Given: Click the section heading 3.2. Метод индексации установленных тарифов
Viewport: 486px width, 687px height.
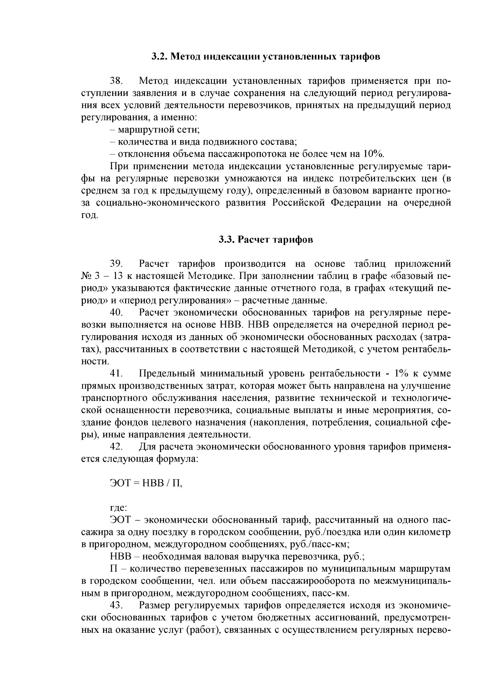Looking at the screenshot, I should pyautogui.click(x=266, y=56).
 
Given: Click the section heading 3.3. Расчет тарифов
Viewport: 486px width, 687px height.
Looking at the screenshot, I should pyautogui.click(x=266, y=240).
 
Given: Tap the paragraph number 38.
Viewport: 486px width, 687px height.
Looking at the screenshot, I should pyautogui.click(x=117, y=81).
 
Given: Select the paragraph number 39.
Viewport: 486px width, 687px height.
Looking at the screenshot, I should pyautogui.click(x=117, y=264).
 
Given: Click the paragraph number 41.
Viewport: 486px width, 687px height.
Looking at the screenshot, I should pyautogui.click(x=117, y=374).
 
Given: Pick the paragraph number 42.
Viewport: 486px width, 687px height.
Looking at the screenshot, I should pyautogui.click(x=117, y=447).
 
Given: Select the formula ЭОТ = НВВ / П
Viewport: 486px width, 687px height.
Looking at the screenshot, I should pyautogui.click(x=146, y=483).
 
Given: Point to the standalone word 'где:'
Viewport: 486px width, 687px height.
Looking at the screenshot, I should pyautogui.click(x=119, y=508).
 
